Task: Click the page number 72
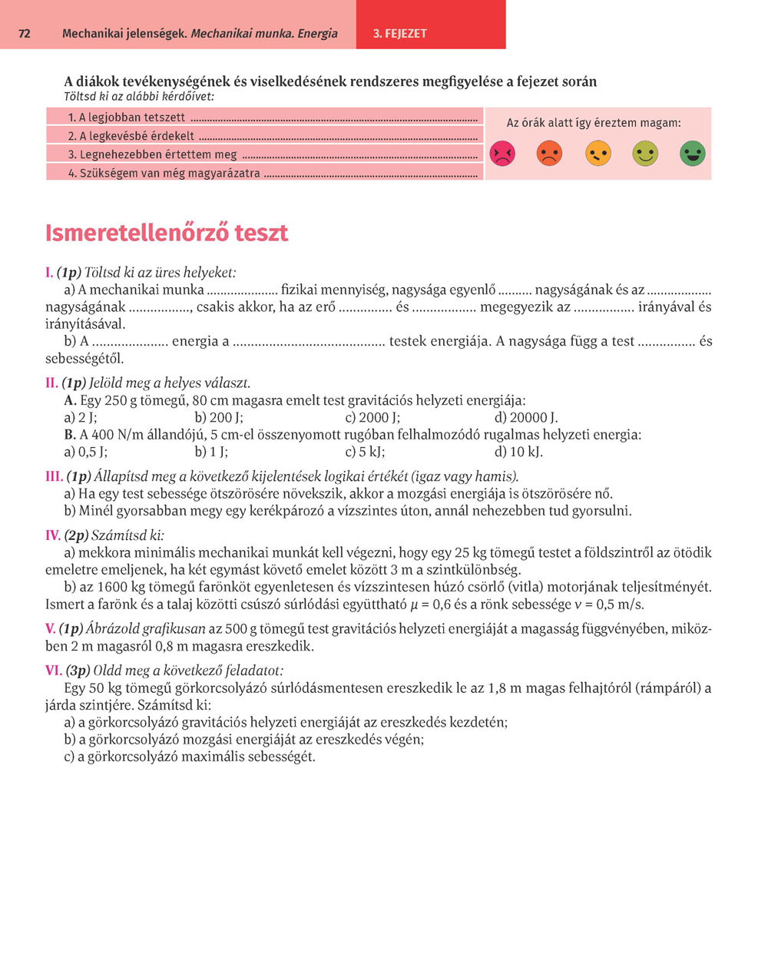[25, 34]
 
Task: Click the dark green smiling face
[692, 154]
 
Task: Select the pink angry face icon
[502, 154]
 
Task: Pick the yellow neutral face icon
[598, 154]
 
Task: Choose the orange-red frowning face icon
[550, 154]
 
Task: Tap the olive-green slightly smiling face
[645, 154]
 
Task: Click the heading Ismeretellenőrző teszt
[167, 233]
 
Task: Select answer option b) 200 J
[219, 418]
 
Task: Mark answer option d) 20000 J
[526, 418]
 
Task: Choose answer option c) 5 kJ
[365, 452]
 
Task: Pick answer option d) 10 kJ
[518, 452]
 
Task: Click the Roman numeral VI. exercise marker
[54, 671]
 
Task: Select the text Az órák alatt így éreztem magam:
[594, 123]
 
